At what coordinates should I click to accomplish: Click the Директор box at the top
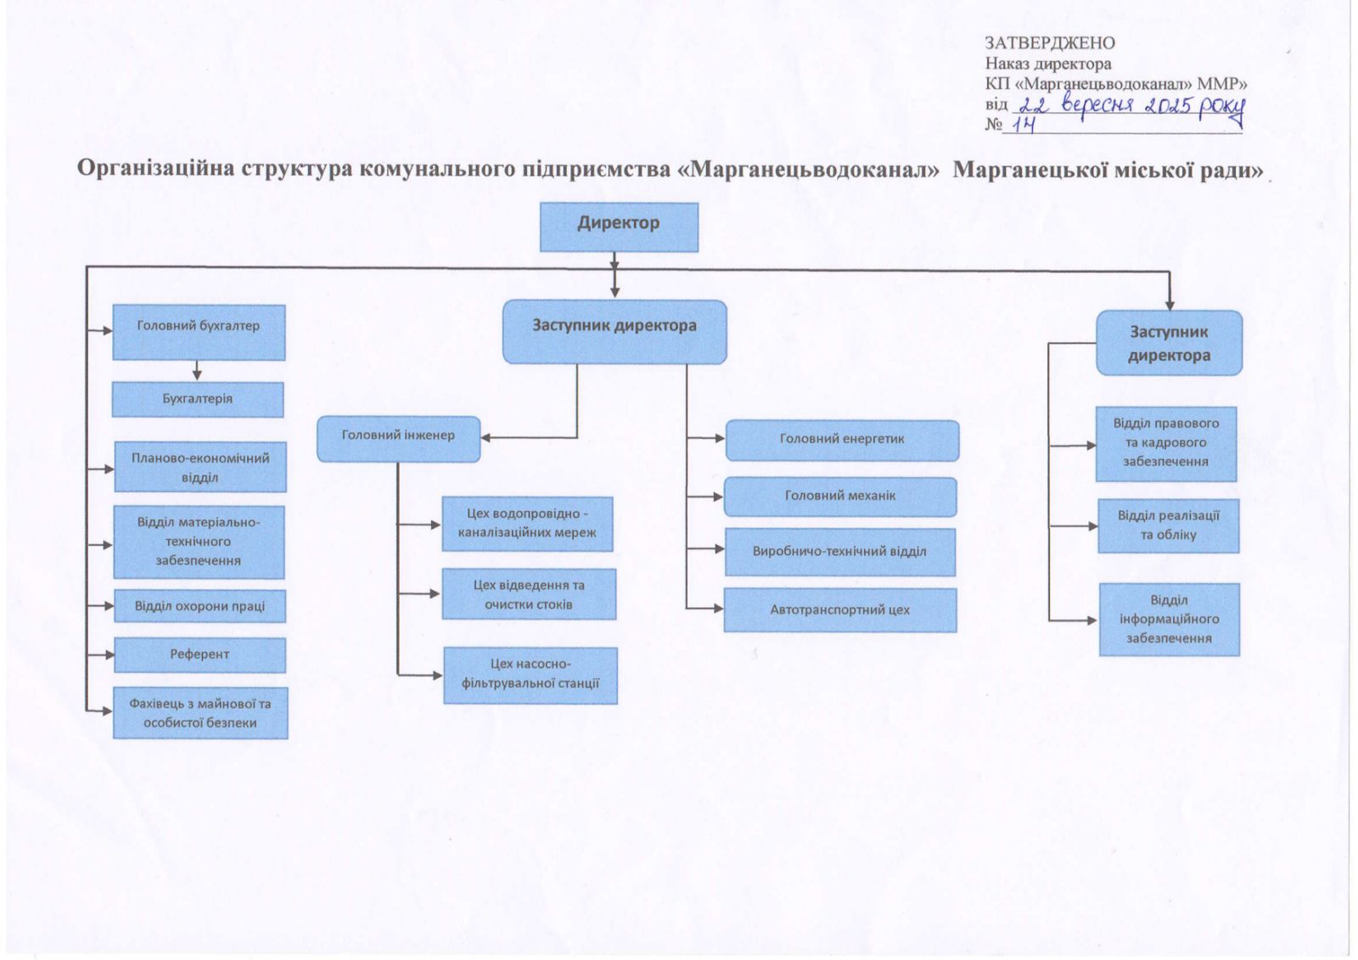click(x=619, y=227)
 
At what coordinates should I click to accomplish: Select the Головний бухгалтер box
click(x=199, y=332)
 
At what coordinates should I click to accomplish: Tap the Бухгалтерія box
click(x=198, y=399)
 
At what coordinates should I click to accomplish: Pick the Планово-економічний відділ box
click(x=200, y=467)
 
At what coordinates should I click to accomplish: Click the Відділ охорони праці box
click(x=199, y=606)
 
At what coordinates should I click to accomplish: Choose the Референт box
click(x=199, y=654)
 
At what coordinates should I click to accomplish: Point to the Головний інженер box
click(x=398, y=439)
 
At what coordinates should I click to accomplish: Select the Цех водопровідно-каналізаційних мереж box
click(x=527, y=524)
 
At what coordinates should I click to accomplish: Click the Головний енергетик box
click(x=842, y=440)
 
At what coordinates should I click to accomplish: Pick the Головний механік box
click(x=840, y=497)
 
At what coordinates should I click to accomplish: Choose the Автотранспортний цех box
click(x=840, y=610)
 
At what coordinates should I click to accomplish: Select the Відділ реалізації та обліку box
click(x=1168, y=525)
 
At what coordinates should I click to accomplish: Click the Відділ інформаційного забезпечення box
click(x=1169, y=619)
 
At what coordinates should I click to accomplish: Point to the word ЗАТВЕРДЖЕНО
click(x=1049, y=43)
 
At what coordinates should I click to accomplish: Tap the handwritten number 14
click(x=1024, y=126)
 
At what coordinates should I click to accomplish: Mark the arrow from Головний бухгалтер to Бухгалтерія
click(x=197, y=371)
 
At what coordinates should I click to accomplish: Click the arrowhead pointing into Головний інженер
click(x=487, y=438)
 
